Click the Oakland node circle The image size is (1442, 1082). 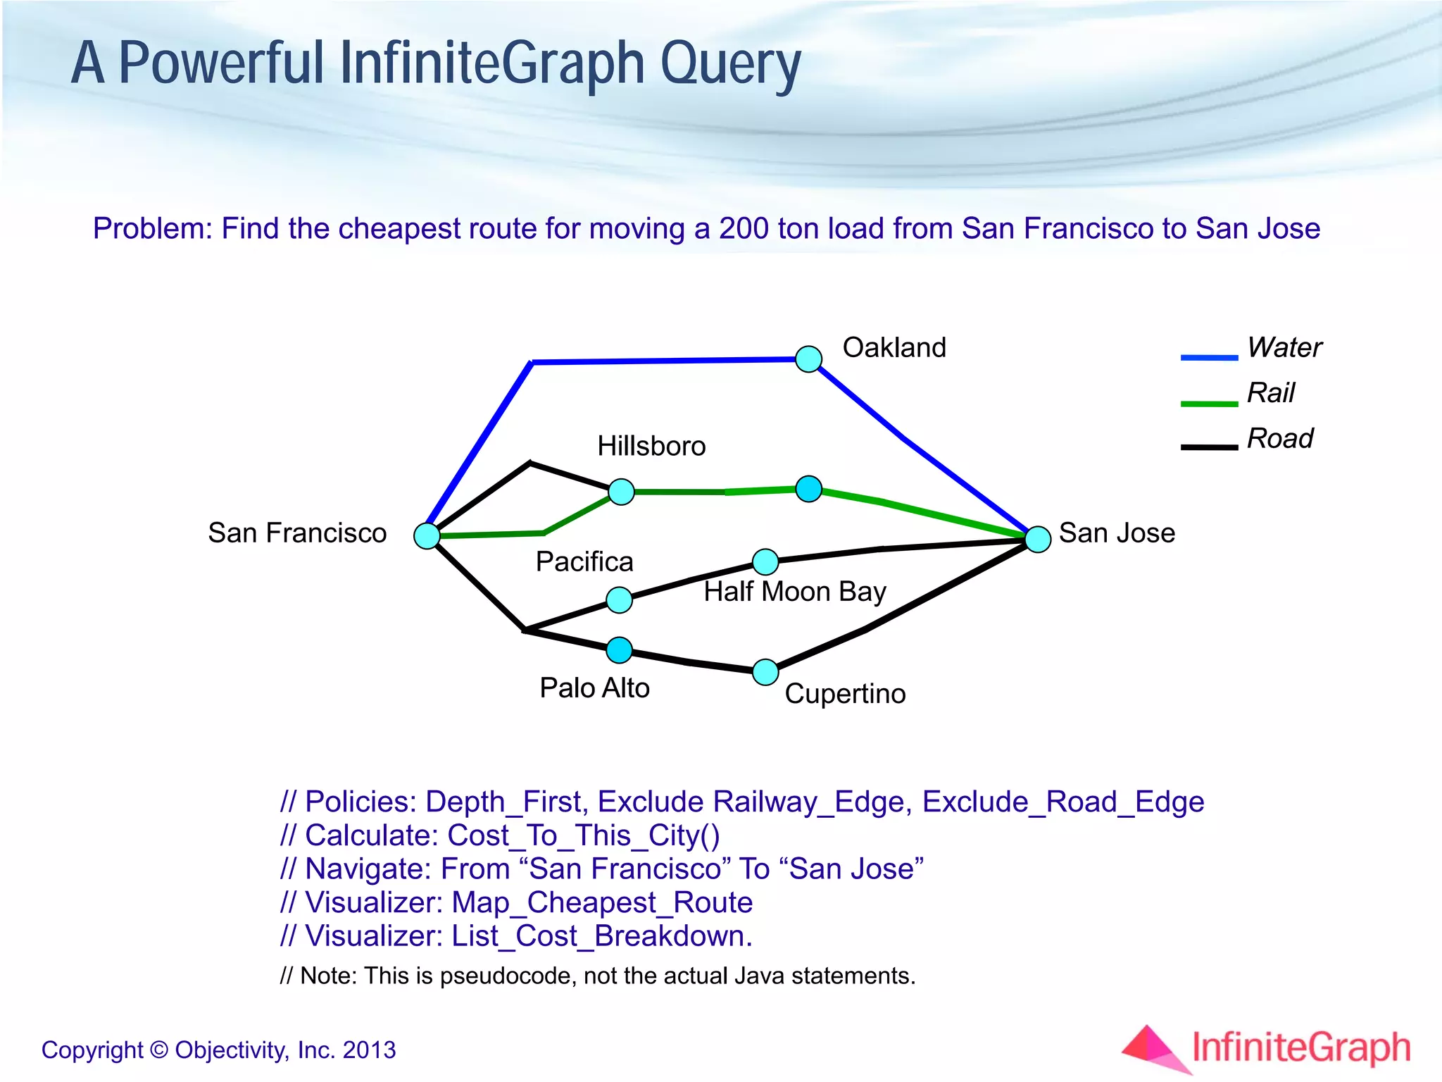[x=808, y=359]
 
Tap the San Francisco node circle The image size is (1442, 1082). [x=427, y=536]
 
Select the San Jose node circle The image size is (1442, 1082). [x=1038, y=539]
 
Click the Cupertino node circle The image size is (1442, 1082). [x=765, y=672]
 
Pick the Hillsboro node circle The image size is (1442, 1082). [x=621, y=492]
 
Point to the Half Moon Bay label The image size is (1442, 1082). [x=794, y=592]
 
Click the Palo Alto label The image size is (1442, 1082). [x=594, y=688]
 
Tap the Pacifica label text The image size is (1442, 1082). [x=584, y=562]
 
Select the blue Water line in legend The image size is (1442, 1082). [x=1209, y=358]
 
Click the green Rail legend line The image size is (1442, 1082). [x=1209, y=404]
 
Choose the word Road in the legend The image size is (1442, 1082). [x=1279, y=439]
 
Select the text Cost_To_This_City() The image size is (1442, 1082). [x=584, y=835]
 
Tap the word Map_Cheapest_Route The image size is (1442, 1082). [x=602, y=903]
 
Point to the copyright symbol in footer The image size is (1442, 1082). [x=160, y=1050]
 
